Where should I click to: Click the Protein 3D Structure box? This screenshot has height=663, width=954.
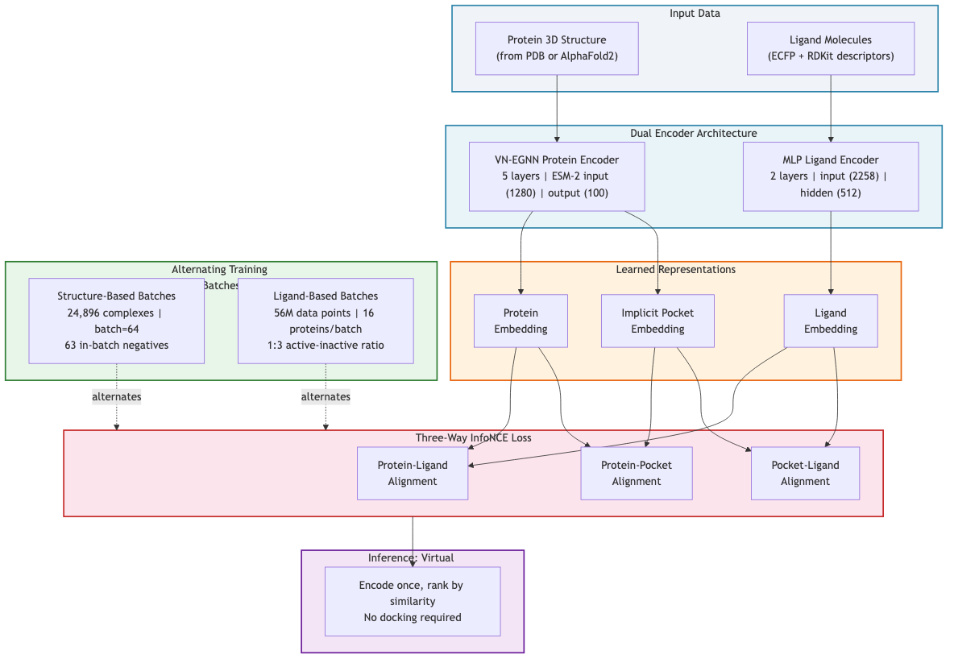tap(557, 48)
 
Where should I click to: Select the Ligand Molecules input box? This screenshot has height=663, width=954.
tap(831, 48)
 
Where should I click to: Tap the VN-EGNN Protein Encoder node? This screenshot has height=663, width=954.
tap(557, 176)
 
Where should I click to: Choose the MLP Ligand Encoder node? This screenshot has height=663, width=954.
tap(831, 176)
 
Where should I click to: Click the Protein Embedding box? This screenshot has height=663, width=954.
tap(521, 321)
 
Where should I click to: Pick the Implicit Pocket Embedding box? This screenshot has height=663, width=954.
tap(657, 321)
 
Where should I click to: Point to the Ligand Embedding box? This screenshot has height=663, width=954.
tap(831, 321)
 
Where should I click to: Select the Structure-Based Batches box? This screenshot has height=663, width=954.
tap(117, 321)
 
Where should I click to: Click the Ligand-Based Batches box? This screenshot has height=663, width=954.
tap(326, 321)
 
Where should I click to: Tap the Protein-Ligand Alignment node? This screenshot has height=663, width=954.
tap(413, 473)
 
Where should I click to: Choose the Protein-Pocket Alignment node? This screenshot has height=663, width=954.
tap(637, 473)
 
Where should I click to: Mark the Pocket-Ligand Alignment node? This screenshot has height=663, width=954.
tap(805, 473)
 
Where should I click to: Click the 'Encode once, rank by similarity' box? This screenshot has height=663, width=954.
tap(413, 601)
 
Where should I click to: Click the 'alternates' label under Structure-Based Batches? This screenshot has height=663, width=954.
tap(117, 396)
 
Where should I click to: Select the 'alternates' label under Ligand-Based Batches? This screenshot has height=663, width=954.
tap(326, 396)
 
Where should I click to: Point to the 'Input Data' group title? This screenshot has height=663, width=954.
tap(695, 13)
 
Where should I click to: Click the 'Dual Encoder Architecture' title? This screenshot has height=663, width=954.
tap(693, 133)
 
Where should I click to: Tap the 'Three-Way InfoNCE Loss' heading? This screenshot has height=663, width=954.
tap(473, 437)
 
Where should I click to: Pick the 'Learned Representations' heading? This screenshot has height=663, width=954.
tap(675, 269)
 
